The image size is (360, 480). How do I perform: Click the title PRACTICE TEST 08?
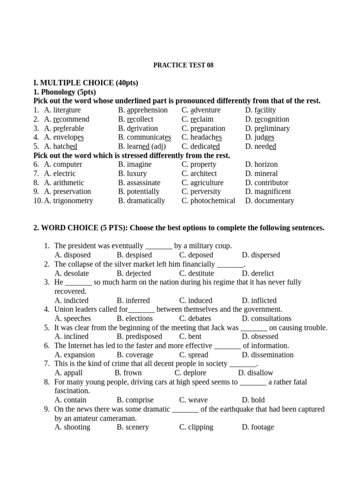(x=183, y=65)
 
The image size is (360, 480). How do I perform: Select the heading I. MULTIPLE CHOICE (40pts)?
(x=86, y=83)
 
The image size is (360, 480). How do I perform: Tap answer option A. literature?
(x=62, y=110)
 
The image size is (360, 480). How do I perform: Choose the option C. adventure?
(x=201, y=110)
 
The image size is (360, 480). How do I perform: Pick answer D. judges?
(x=260, y=137)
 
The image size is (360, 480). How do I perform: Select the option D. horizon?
(x=261, y=165)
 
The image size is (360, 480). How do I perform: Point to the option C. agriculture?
(x=202, y=183)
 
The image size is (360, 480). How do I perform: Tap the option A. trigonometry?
(x=68, y=201)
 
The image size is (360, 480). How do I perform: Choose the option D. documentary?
(x=270, y=201)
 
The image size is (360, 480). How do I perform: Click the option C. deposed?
(x=196, y=255)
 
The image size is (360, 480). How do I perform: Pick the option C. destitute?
(x=196, y=273)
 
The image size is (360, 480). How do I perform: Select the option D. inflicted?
(x=259, y=300)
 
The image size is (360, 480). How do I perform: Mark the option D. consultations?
(x=267, y=319)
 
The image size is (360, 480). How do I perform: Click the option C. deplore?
(x=190, y=373)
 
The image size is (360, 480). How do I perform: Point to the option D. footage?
(x=258, y=427)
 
